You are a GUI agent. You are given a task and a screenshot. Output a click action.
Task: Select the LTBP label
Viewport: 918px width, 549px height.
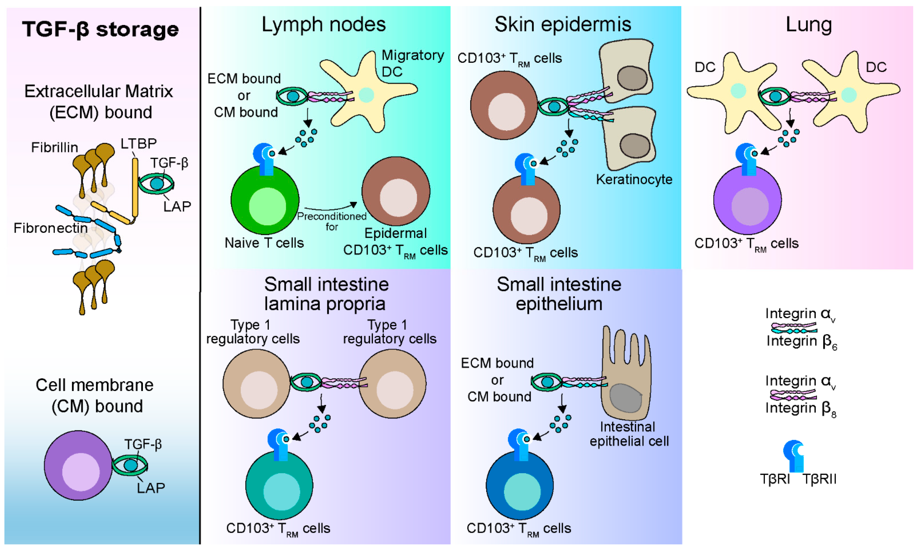pyautogui.click(x=139, y=143)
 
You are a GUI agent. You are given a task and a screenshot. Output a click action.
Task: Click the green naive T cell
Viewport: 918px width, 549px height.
pyautogui.click(x=265, y=200)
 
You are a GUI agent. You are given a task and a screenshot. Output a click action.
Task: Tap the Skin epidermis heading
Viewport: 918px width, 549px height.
pyautogui.click(x=563, y=25)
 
